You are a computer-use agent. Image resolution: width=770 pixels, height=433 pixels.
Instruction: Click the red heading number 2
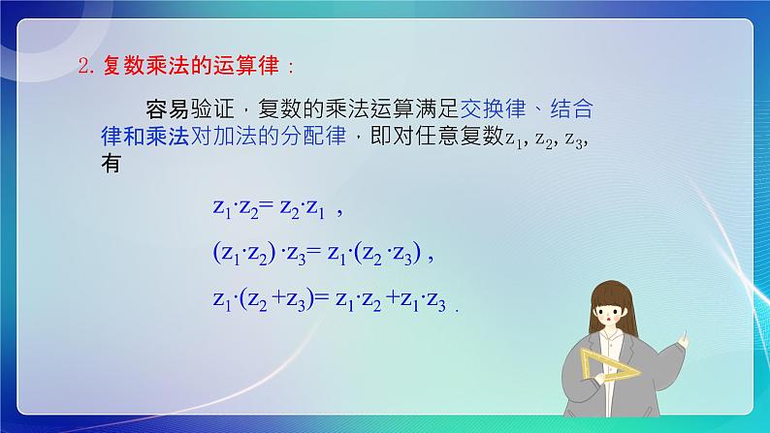coord(82,68)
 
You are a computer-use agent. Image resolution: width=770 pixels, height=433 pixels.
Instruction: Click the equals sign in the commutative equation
coord(268,207)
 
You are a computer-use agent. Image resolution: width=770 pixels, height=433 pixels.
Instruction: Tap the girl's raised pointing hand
coord(683,339)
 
